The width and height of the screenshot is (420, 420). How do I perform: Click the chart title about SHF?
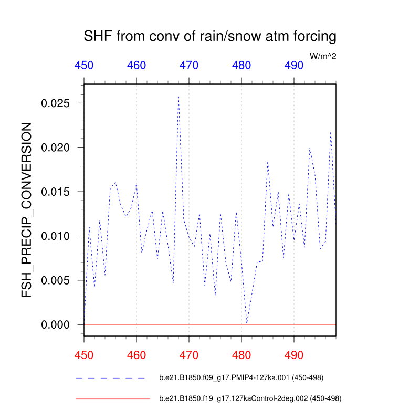point(209,37)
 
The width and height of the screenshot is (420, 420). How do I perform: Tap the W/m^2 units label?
point(323,56)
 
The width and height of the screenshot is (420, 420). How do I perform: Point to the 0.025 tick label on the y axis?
point(56,103)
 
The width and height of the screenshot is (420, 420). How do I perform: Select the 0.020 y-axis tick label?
point(56,148)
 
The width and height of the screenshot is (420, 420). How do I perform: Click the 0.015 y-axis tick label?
point(56,192)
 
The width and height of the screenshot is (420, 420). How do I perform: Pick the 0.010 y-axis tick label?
point(56,236)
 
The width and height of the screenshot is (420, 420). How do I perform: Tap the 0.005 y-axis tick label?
point(56,280)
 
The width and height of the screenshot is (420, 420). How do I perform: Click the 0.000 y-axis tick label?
point(56,325)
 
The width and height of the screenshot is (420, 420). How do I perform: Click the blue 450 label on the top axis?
point(84,66)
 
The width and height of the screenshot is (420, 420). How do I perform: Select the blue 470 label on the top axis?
point(189,66)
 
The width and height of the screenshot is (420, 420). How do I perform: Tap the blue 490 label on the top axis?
point(294,66)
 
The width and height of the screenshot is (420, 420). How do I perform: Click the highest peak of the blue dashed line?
point(178,97)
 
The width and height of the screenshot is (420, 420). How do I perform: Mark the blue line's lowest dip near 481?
point(247,323)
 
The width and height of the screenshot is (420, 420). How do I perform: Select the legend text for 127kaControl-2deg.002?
point(250,398)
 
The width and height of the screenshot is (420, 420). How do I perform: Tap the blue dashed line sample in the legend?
point(110,377)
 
